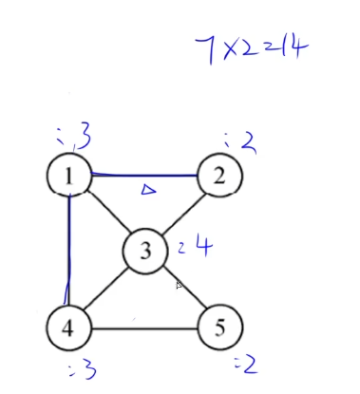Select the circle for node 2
(219, 176)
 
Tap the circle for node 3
(144, 252)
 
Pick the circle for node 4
(69, 329)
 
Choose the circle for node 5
(219, 329)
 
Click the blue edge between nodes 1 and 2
(144, 175)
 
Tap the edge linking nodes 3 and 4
(106, 291)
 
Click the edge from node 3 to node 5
(182, 291)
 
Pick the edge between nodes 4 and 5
(144, 330)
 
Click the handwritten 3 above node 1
(84, 139)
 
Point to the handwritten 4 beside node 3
(200, 248)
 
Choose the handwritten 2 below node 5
(250, 364)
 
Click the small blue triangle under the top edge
(148, 190)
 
